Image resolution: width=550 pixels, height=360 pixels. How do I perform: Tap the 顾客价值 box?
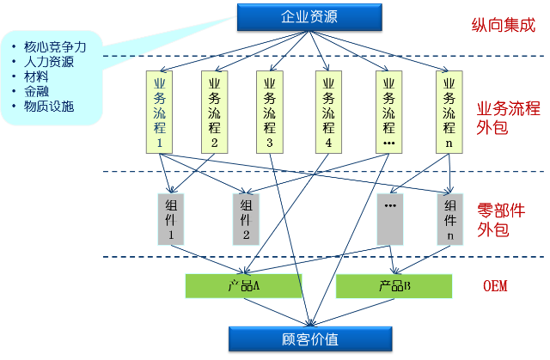coord(308,338)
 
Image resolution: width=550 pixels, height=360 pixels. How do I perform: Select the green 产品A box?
coord(245,286)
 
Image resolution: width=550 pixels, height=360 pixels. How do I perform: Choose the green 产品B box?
coord(394,286)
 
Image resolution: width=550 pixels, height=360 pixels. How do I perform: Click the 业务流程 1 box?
coord(160,113)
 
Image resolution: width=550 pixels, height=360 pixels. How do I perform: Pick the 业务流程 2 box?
coord(215,113)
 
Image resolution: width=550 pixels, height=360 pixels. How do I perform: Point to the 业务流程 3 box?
coord(270,113)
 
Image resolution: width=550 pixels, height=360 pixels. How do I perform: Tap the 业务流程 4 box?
coord(328,113)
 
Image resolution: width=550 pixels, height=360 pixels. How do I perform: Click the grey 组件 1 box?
coord(171,218)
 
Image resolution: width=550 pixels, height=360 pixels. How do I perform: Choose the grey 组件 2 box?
coord(246,218)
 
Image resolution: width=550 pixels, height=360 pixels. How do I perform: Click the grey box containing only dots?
coord(390,218)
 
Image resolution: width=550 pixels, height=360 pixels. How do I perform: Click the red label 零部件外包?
coord(500,220)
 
